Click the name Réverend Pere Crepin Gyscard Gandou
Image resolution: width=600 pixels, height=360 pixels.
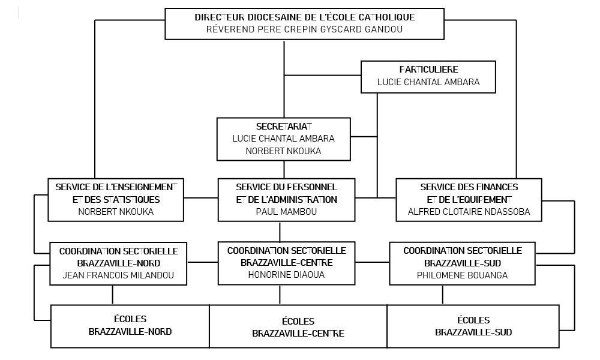point(305,29)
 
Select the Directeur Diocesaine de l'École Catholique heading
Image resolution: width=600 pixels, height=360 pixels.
point(305,17)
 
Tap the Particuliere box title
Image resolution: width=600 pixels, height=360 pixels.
point(428,70)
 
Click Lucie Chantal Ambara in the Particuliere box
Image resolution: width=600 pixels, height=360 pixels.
point(428,82)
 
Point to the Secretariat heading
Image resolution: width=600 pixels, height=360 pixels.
point(284,126)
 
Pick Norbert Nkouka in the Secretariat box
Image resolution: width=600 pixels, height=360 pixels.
point(284,151)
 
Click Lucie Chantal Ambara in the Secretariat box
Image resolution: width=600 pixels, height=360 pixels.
point(284,139)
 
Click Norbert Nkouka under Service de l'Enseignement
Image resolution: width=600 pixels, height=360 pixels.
point(116,212)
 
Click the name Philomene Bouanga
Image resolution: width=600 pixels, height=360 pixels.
point(463,275)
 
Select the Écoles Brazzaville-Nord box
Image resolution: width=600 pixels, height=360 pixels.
point(130,326)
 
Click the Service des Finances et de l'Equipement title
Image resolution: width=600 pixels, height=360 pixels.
point(469,193)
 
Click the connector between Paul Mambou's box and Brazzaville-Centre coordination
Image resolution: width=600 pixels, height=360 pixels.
point(280,232)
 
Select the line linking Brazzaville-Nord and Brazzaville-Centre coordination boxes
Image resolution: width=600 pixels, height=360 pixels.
point(202,262)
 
